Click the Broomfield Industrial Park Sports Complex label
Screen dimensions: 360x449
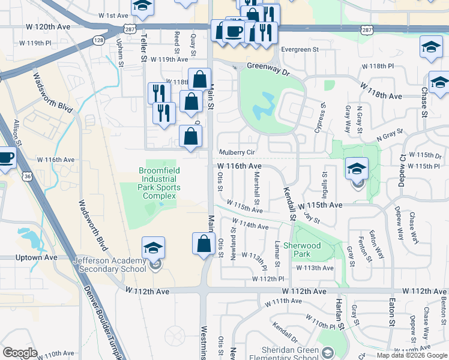158,179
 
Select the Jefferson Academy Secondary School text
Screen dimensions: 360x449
109,265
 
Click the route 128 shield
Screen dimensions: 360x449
97,40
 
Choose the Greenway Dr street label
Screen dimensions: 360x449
268,68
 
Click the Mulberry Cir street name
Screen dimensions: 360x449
237,153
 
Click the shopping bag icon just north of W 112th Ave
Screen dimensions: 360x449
204,244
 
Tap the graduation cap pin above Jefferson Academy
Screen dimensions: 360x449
154,247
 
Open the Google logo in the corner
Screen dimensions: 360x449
20,353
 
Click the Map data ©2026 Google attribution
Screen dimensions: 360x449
412,355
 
